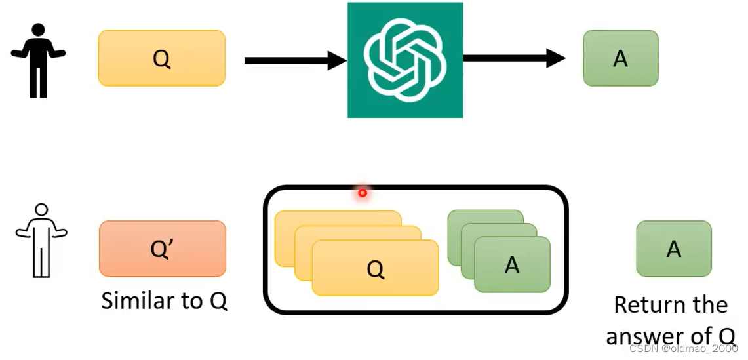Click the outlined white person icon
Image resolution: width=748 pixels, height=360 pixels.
click(41, 240)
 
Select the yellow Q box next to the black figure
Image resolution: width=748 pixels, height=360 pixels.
click(161, 58)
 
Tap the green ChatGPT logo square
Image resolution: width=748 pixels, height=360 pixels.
click(405, 60)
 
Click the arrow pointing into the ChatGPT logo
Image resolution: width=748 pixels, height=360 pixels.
click(295, 61)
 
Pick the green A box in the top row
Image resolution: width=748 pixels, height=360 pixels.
click(620, 58)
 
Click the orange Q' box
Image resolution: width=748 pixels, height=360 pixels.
click(163, 249)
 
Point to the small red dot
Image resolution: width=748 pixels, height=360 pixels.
click(362, 193)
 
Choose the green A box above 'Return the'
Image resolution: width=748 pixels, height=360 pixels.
click(674, 249)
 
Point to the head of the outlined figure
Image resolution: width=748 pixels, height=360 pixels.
click(41, 210)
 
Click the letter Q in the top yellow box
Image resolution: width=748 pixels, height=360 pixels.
click(161, 58)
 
